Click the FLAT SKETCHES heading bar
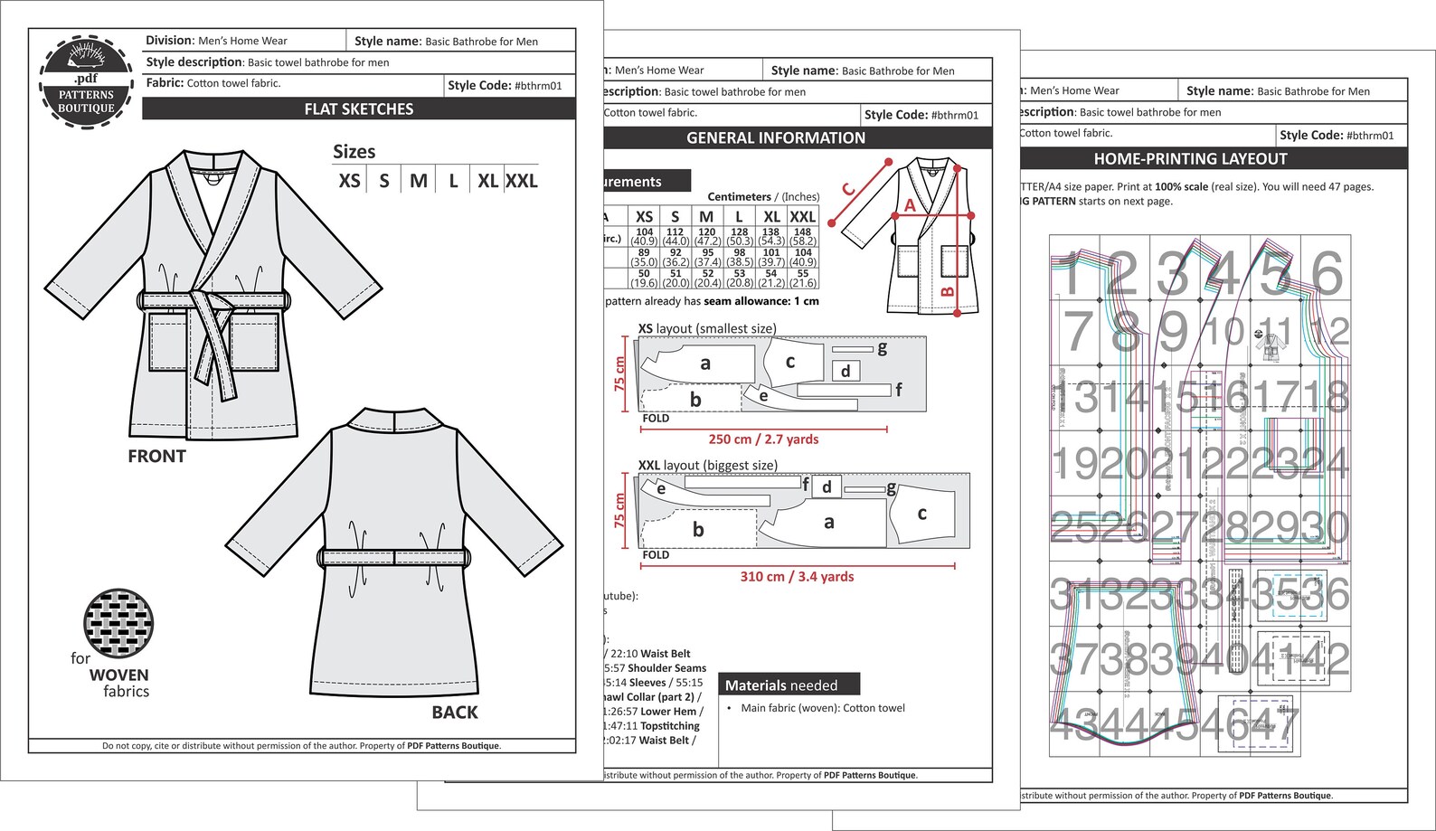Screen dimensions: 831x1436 pyautogui.click(x=359, y=109)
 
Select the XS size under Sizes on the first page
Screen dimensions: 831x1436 pyautogui.click(x=349, y=181)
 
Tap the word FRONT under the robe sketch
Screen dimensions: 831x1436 pyautogui.click(x=156, y=457)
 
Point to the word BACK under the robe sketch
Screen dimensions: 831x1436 pyautogui.click(x=455, y=713)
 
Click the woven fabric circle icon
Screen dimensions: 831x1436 pyautogui.click(x=118, y=624)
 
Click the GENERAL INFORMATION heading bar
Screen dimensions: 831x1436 pyautogui.click(x=776, y=138)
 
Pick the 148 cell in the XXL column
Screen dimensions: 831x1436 pyautogui.click(x=802, y=236)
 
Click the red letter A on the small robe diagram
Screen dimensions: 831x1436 pyautogui.click(x=910, y=206)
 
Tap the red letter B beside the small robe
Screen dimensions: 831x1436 pyautogui.click(x=948, y=291)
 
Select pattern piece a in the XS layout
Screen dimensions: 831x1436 pyautogui.click(x=704, y=364)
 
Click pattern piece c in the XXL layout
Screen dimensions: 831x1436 pyautogui.click(x=921, y=514)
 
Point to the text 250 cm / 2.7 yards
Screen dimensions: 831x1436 pyautogui.click(x=763, y=439)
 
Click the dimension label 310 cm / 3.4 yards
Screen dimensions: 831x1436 pyautogui.click(x=797, y=577)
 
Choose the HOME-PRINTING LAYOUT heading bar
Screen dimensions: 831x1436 pyautogui.click(x=1190, y=159)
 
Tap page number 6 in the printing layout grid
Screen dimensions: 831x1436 pyautogui.click(x=1327, y=272)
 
